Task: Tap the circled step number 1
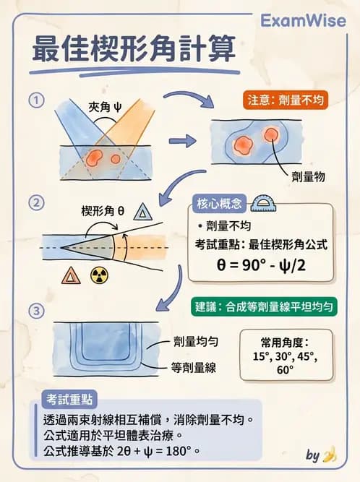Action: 33,100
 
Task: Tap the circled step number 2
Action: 33,202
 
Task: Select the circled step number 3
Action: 33,311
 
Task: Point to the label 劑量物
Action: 307,176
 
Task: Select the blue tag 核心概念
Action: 220,202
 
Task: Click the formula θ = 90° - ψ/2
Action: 260,264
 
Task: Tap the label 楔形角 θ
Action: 103,211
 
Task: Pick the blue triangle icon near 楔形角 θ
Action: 145,212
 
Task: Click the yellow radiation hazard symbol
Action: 97,275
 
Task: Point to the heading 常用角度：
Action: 285,343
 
